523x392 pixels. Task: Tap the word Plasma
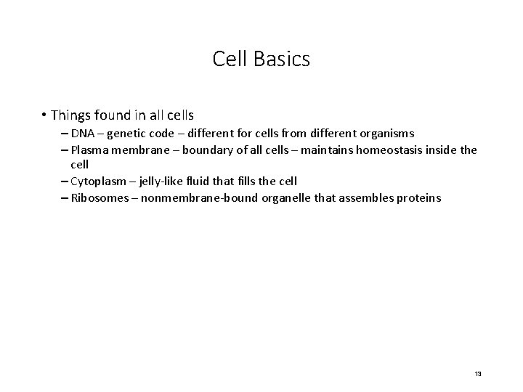click(89, 150)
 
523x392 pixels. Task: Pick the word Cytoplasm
click(97, 181)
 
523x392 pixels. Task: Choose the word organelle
click(283, 198)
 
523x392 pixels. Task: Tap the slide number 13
click(477, 373)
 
